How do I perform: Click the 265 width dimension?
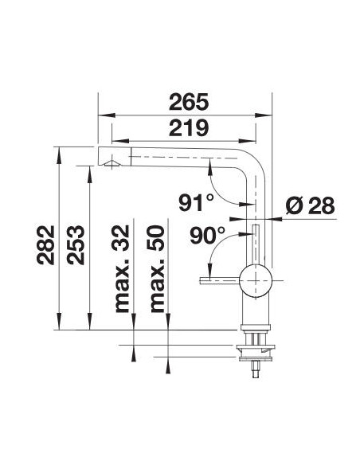(x=189, y=102)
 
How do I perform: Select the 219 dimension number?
(x=189, y=128)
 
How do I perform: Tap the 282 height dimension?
(x=45, y=244)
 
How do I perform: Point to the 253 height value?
(x=76, y=244)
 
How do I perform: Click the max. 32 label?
(x=122, y=268)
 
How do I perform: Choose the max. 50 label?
(x=157, y=268)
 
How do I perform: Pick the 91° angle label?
(x=196, y=202)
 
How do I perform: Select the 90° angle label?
(x=207, y=235)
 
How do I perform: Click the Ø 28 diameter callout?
(x=310, y=205)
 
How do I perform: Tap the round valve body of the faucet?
(x=256, y=280)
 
